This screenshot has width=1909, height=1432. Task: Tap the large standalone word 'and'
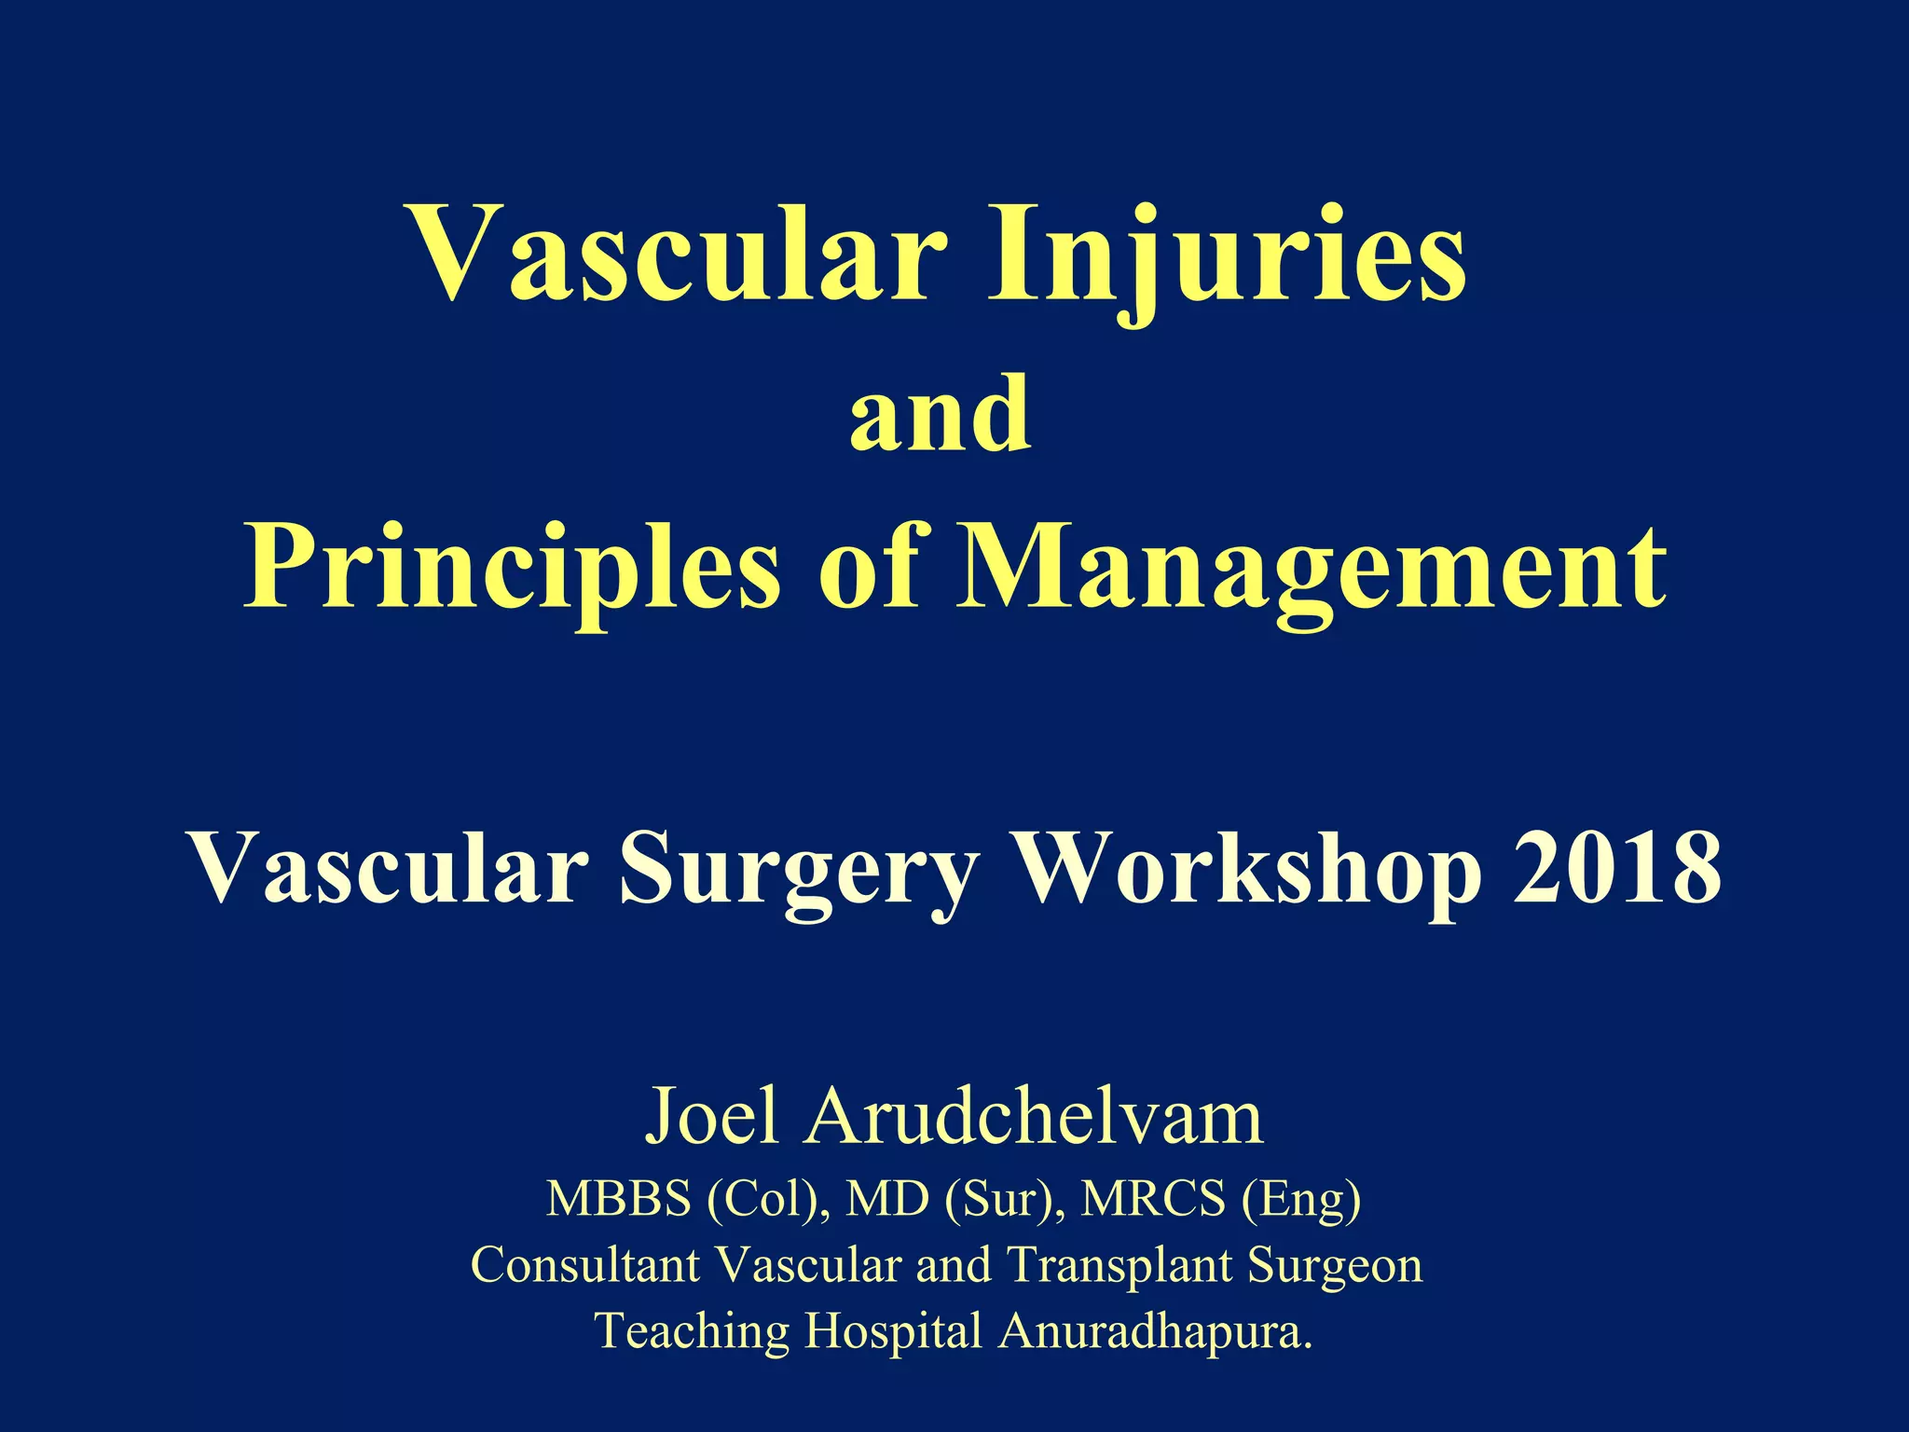(941, 412)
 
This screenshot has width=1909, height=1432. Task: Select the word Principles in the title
(512, 567)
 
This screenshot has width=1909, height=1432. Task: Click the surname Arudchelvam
(1035, 1116)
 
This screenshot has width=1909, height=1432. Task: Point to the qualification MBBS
(619, 1199)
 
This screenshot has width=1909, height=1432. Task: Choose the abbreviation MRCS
(1153, 1199)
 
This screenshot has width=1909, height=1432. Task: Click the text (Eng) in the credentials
(1301, 1199)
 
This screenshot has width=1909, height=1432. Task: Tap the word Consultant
(585, 1265)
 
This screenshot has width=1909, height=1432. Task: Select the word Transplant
(1120, 1265)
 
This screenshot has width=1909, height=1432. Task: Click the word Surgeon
(1336, 1265)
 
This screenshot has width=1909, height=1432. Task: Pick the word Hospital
(894, 1330)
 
